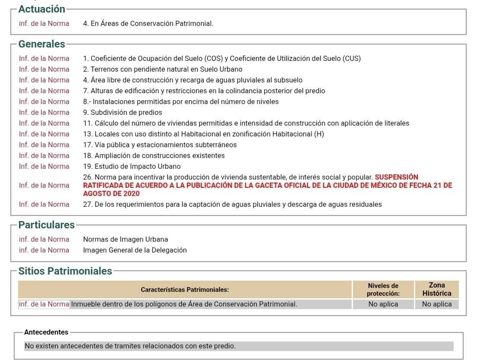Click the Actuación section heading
click(41, 9)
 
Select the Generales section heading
click(41, 44)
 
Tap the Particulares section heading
click(46, 225)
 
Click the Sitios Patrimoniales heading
click(65, 271)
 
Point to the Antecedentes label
click(46, 332)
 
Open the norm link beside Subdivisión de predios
click(44, 112)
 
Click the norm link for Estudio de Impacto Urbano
click(44, 166)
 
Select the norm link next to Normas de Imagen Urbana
click(44, 239)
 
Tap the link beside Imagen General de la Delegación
click(44, 250)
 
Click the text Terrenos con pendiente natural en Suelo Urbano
click(162, 69)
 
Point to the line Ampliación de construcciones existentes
click(154, 155)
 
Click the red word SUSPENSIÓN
click(397, 177)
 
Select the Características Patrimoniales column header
click(185, 289)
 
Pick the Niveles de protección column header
click(383, 289)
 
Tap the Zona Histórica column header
click(437, 289)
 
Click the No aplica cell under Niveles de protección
click(383, 304)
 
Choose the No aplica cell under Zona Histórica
click(437, 304)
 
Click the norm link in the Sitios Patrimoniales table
click(44, 304)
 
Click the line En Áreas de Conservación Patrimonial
click(148, 23)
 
